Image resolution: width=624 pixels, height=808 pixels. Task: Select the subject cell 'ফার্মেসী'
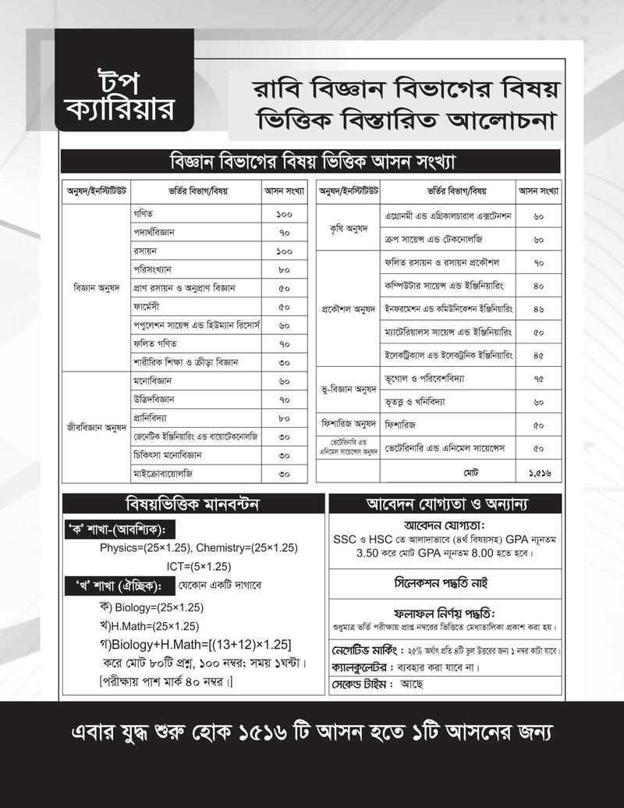pyautogui.click(x=148, y=306)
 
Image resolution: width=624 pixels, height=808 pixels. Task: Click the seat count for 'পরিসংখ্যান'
pyautogui.click(x=283, y=269)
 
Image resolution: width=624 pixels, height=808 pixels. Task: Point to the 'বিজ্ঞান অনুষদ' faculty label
pyautogui.click(x=96, y=287)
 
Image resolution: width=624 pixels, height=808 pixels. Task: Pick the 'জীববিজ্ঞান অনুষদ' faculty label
pyautogui.click(x=96, y=427)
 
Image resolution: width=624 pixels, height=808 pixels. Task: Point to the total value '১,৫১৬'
pyautogui.click(x=538, y=473)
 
